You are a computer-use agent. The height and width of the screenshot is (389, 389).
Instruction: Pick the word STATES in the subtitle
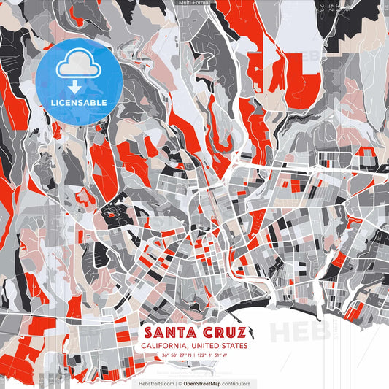(x=234, y=346)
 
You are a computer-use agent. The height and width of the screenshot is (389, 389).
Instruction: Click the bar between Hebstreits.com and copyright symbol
(x=174, y=383)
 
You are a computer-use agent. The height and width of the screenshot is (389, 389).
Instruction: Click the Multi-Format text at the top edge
(x=194, y=3)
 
